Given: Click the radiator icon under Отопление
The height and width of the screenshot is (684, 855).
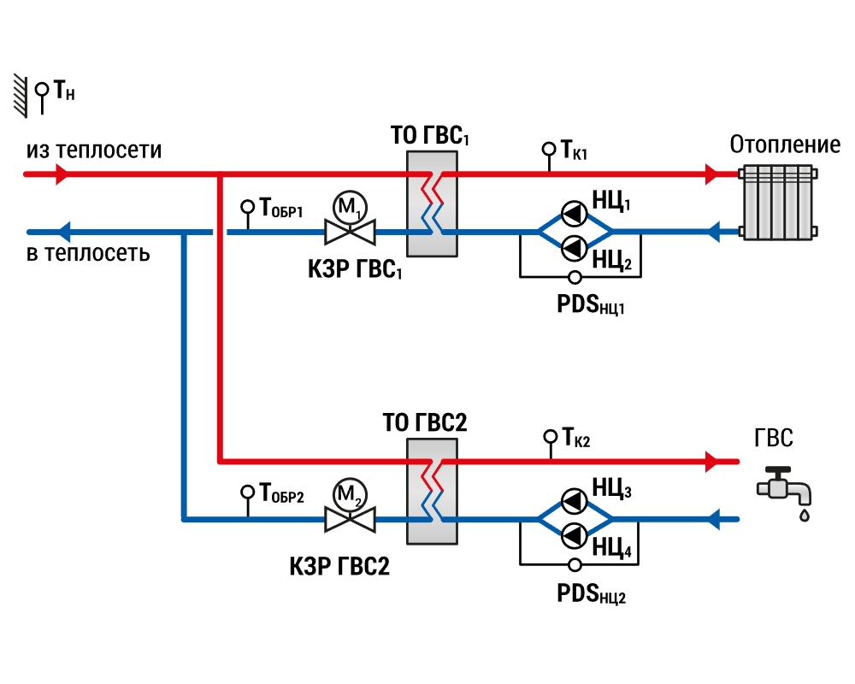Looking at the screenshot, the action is click(778, 203).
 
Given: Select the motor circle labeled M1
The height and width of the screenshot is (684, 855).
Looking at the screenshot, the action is click(350, 207).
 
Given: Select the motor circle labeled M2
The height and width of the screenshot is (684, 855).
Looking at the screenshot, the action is click(350, 495).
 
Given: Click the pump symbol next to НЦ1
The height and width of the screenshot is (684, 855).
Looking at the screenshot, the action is click(574, 214).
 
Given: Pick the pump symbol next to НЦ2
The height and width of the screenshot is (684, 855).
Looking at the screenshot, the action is click(574, 249).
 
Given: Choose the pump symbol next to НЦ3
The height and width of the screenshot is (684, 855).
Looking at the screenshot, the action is click(574, 501).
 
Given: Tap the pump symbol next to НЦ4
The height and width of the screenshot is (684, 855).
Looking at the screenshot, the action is click(574, 536).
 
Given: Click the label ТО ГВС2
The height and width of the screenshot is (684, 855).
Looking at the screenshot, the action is click(425, 422).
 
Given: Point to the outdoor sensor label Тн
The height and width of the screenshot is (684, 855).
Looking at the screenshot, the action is click(64, 90).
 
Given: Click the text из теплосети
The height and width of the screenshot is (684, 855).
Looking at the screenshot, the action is click(94, 150).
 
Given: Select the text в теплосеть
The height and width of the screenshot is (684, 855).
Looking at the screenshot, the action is click(88, 253).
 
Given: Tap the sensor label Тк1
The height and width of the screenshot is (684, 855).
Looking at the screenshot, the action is click(575, 150).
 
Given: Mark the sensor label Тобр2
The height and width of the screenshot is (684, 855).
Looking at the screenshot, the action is click(281, 493).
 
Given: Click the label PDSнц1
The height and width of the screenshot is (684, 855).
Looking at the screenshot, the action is click(591, 305).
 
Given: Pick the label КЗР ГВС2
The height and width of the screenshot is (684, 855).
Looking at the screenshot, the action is click(339, 567).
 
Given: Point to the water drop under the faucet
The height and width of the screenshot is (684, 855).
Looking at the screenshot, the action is click(805, 515).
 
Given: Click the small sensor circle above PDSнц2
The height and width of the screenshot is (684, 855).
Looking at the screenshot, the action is click(575, 565).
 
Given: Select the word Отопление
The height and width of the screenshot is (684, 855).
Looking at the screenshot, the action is click(785, 145).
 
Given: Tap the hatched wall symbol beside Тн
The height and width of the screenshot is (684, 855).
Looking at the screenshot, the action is click(21, 96).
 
